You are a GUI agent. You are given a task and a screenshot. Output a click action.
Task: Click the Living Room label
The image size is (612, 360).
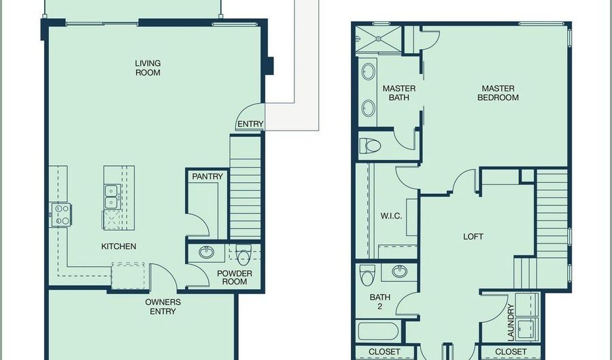click(148, 68)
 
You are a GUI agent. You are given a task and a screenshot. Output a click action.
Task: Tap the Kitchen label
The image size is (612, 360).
click(118, 246)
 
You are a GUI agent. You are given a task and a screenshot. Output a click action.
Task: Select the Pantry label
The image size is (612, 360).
click(207, 176)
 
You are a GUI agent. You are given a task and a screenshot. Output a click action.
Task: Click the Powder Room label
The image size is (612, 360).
click(235, 278)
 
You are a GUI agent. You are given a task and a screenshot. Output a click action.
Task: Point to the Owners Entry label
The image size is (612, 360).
click(163, 306)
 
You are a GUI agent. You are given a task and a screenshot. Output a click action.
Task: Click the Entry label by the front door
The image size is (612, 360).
click(250, 124)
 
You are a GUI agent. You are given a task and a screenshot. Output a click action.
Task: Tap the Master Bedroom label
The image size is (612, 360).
click(498, 93)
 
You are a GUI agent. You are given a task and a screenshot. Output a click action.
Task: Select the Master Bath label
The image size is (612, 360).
click(399, 93)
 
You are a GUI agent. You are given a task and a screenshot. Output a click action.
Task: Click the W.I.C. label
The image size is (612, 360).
click(391, 216)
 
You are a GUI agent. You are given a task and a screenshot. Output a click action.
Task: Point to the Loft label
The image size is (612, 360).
click(473, 237)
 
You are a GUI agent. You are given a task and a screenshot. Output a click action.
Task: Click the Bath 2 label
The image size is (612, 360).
click(379, 301)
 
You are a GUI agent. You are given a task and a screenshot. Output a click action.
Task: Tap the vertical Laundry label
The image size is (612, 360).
click(511, 323)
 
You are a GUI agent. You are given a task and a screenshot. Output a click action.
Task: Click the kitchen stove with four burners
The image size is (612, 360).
click(61, 215)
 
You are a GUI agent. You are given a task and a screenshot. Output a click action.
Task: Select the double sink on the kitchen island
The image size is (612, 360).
click(112, 197)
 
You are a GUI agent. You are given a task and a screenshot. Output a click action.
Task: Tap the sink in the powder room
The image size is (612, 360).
click(207, 252)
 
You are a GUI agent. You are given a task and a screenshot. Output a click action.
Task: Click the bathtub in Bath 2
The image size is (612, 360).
click(378, 331)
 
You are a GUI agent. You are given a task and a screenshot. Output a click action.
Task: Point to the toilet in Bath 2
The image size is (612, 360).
click(367, 275)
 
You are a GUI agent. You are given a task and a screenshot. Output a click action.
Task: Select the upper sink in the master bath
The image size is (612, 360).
click(369, 71)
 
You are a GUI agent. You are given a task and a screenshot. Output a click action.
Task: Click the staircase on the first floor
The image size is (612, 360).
click(245, 187)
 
